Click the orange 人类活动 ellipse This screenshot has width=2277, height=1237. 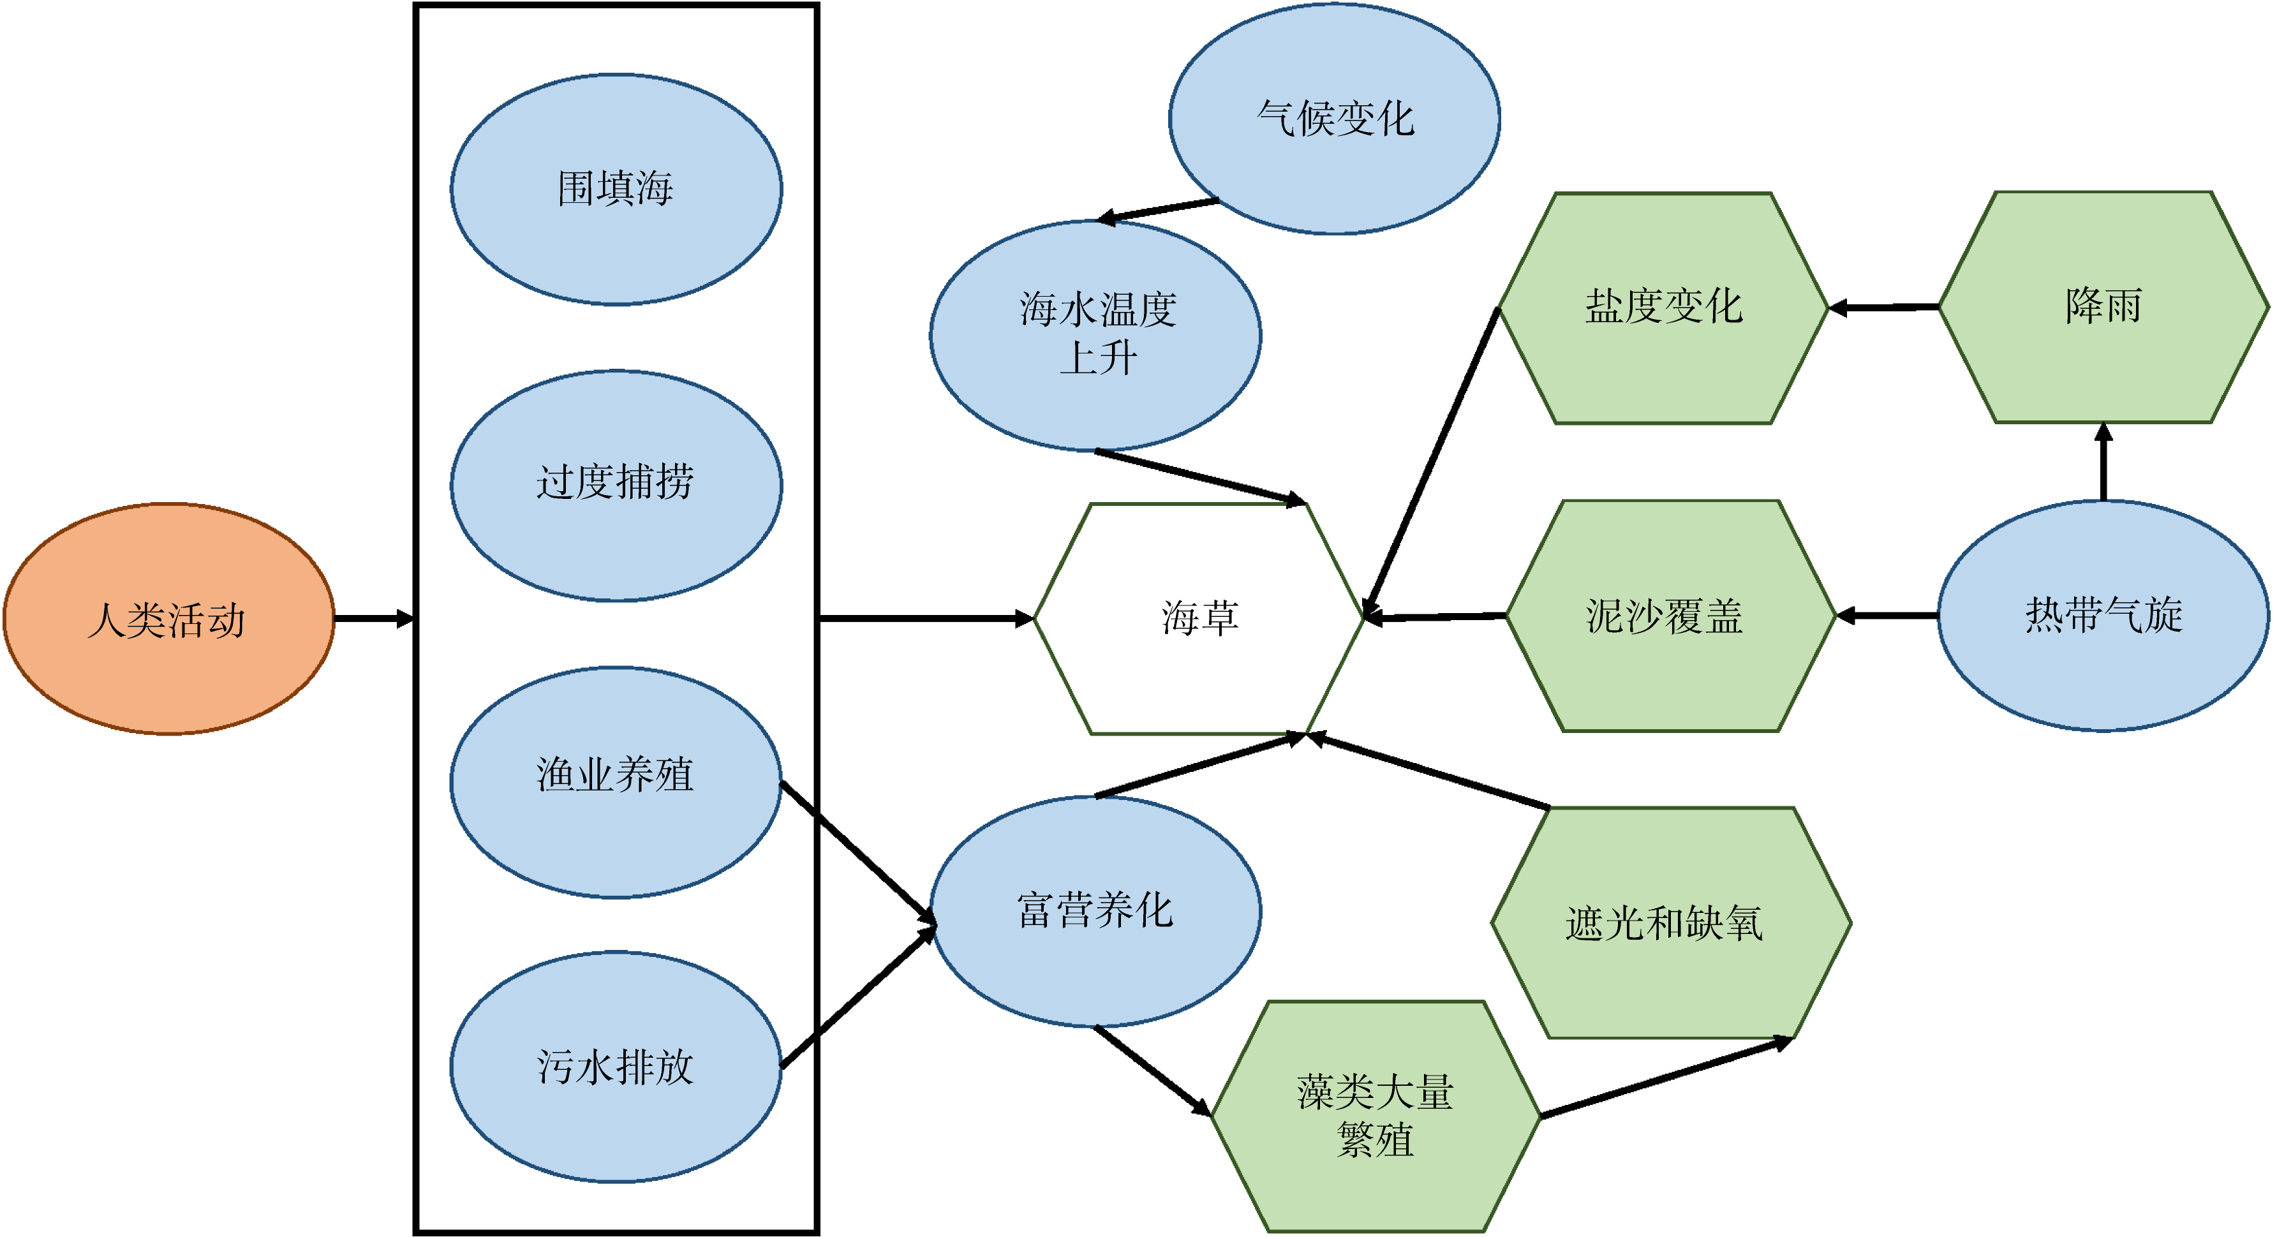tap(168, 619)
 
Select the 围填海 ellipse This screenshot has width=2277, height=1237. tap(616, 189)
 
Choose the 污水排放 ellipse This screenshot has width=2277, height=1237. tap(616, 1067)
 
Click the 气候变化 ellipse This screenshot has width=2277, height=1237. tap(1334, 119)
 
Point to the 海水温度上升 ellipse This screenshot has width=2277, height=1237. tap(1095, 335)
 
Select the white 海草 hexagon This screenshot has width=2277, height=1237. tap(1199, 619)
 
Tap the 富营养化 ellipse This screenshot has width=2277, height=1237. tap(1095, 911)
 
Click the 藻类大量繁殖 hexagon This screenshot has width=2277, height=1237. tap(1376, 1116)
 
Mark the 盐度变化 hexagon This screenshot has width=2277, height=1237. tap(1663, 307)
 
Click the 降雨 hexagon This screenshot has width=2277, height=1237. tap(2103, 307)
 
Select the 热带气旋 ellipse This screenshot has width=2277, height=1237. tap(2103, 616)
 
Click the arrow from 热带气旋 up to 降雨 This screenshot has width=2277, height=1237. tap(2103, 463)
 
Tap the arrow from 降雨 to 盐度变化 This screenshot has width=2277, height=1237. tap(1883, 307)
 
